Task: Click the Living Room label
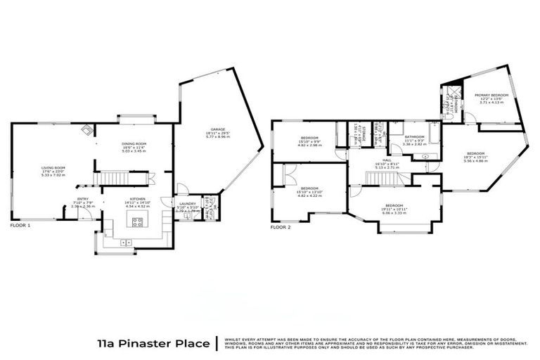click(53, 167)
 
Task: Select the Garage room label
click(216, 130)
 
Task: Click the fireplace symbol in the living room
click(86, 129)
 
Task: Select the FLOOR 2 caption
click(281, 227)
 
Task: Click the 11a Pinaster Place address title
click(153, 344)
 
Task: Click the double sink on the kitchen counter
click(127, 243)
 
